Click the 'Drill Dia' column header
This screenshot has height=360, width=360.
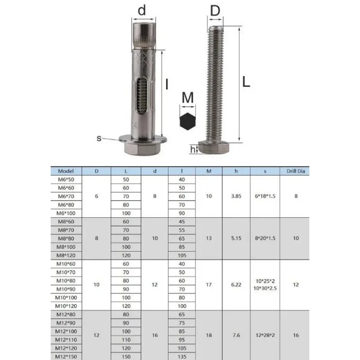point(296,171)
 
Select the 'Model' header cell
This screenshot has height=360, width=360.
point(66,171)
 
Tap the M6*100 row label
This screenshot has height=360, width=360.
point(66,213)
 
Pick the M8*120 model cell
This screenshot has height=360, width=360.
point(66,255)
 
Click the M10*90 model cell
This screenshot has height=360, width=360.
point(66,289)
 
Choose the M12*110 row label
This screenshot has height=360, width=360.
point(66,340)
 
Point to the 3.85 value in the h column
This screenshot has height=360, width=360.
point(236,196)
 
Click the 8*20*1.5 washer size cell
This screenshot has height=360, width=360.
point(265,238)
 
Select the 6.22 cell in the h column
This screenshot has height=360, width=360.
point(236,285)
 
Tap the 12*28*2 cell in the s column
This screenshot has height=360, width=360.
point(265,335)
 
